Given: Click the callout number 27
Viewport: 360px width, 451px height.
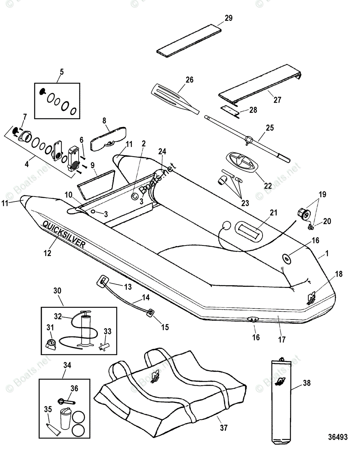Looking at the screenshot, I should tap(277, 100).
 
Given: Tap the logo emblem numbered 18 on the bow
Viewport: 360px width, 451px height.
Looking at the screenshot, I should tap(312, 298).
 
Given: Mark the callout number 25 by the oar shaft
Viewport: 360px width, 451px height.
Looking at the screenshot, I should tap(270, 128).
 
